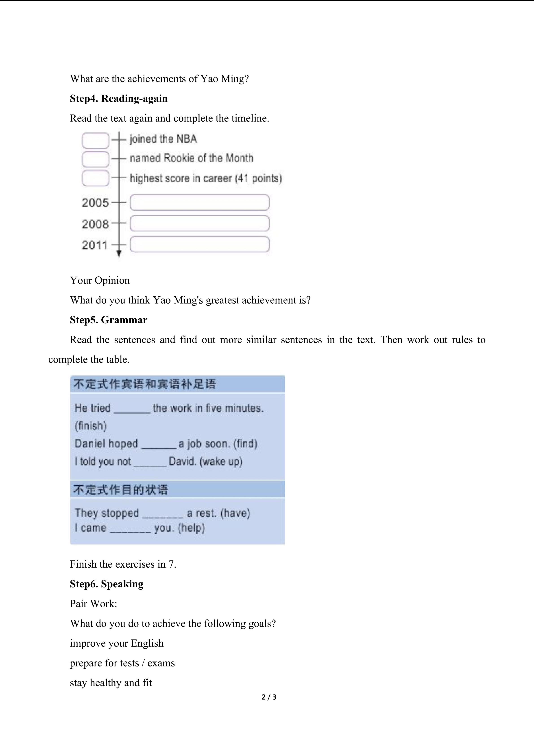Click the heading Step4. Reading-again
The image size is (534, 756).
(x=119, y=98)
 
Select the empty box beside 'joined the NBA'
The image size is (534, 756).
(x=95, y=140)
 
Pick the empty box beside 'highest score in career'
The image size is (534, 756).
(x=95, y=178)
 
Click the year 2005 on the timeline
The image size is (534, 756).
(x=95, y=203)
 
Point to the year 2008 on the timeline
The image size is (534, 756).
(x=95, y=224)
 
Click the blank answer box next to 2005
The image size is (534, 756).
(x=200, y=203)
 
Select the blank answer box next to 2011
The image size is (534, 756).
(x=200, y=244)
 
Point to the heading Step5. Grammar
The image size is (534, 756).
(x=109, y=320)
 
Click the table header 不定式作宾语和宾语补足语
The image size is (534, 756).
(x=145, y=384)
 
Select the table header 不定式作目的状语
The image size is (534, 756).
(x=120, y=490)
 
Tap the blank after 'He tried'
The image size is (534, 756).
(x=131, y=409)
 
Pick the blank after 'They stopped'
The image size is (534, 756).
(x=163, y=514)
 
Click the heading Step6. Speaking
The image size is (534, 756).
(x=107, y=584)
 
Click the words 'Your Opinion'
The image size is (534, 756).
(x=100, y=280)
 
